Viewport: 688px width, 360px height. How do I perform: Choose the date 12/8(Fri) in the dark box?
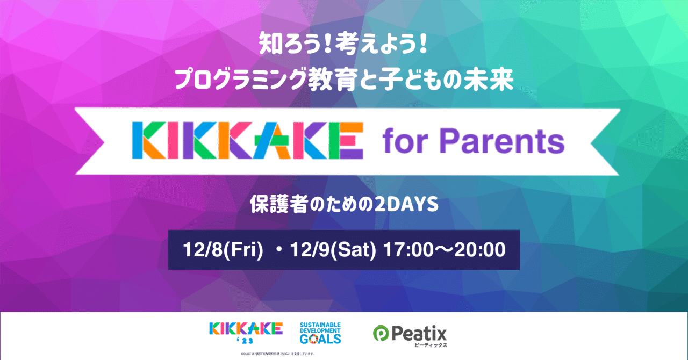click(223, 250)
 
